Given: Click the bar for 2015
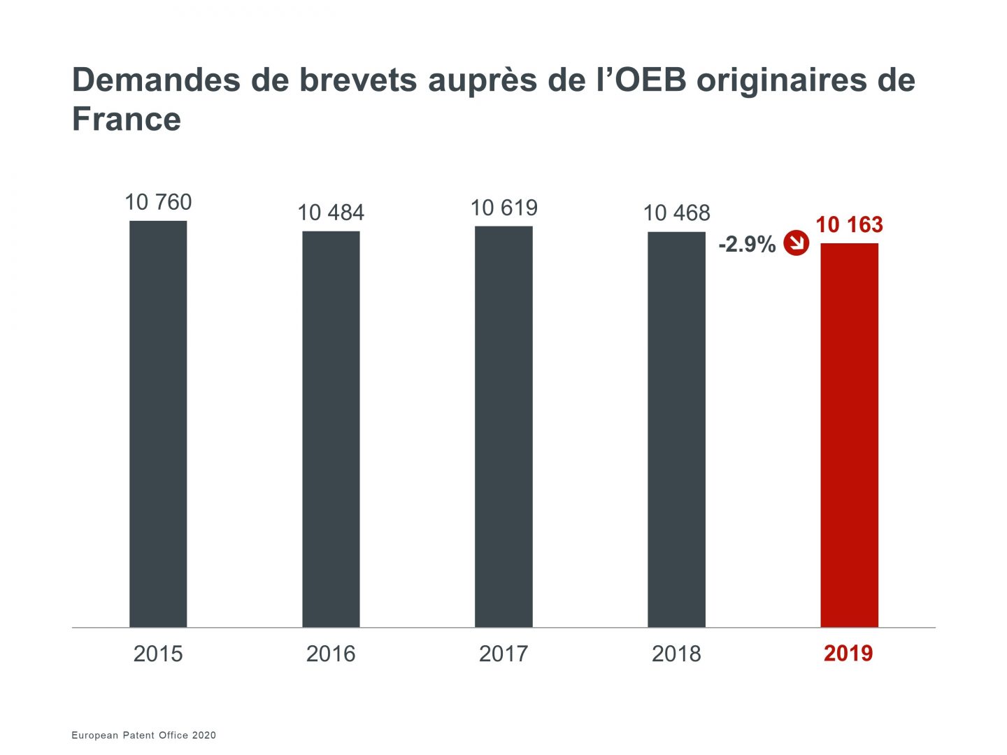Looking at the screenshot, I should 158,424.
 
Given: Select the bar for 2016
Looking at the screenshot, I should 331,429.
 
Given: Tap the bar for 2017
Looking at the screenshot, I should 503,426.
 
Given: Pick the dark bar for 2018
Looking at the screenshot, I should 676,429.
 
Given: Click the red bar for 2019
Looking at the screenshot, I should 849,435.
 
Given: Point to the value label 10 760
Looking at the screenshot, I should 158,202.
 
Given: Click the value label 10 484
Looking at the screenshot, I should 331,213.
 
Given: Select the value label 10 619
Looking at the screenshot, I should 503,208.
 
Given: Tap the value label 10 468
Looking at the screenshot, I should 676,213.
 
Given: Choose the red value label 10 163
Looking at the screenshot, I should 849,224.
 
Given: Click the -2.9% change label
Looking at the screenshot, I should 747,244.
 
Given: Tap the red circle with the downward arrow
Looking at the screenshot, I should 796,243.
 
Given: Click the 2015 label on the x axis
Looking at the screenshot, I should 158,654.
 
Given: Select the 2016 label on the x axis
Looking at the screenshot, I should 331,654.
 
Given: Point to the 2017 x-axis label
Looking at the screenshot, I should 503,654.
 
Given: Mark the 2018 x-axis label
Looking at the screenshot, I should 676,654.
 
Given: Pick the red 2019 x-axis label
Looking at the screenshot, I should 848,654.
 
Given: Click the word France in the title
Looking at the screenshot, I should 127,119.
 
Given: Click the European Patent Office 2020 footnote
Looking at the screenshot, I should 144,735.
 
